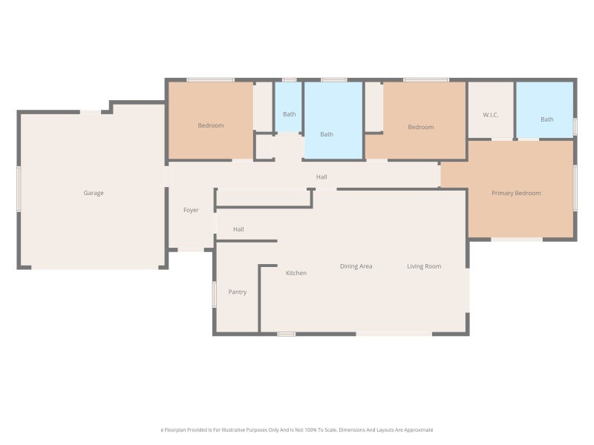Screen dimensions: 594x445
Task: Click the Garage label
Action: (94, 193)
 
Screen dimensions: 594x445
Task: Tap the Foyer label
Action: (191, 210)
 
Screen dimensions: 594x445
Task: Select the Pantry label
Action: (238, 291)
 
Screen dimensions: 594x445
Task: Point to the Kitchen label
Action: (296, 273)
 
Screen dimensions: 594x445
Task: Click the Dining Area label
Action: (356, 266)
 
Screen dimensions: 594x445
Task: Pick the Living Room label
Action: (424, 266)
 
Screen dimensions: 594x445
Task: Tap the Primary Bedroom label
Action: (516, 193)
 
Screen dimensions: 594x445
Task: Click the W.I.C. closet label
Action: (491, 115)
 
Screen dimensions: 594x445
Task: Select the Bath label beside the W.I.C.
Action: (547, 119)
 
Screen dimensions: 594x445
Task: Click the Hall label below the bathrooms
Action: (322, 177)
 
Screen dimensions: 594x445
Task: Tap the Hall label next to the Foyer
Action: (238, 229)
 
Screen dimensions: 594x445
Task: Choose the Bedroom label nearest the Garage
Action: (211, 125)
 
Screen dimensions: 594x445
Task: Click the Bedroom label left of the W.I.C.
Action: (421, 127)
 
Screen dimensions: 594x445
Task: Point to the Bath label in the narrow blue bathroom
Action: (290, 114)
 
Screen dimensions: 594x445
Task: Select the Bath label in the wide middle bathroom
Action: (327, 134)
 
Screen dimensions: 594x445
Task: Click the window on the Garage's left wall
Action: (19, 189)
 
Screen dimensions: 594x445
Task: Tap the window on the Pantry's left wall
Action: (214, 294)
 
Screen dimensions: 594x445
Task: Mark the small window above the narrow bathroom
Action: (290, 80)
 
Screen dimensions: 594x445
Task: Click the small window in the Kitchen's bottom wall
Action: (287, 334)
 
